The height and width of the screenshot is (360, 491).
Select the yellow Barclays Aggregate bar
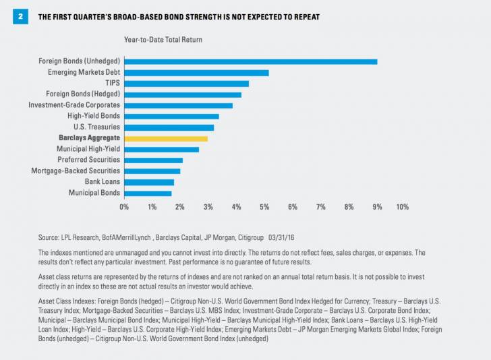pyautogui.click(x=166, y=138)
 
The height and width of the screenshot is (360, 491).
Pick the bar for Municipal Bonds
pyautogui.click(x=148, y=193)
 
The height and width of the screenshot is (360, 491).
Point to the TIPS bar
pyautogui.click(x=187, y=84)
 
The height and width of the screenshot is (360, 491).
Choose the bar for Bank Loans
pyautogui.click(x=149, y=182)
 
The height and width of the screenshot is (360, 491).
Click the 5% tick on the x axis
pyautogui.click(x=264, y=206)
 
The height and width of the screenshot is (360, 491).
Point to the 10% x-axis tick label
pyautogui.click(x=402, y=206)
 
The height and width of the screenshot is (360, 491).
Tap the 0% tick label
pyautogui.click(x=124, y=206)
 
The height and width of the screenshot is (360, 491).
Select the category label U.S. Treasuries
pyautogui.click(x=96, y=127)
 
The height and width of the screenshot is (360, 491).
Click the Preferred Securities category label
pyautogui.click(x=88, y=160)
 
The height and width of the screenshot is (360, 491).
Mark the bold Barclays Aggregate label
pyautogui.click(x=89, y=138)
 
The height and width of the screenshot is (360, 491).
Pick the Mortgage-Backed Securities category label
pyautogui.click(x=76, y=171)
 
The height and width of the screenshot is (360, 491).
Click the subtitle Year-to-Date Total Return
pyautogui.click(x=163, y=40)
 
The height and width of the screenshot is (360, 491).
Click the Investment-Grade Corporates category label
pyautogui.click(x=74, y=105)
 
